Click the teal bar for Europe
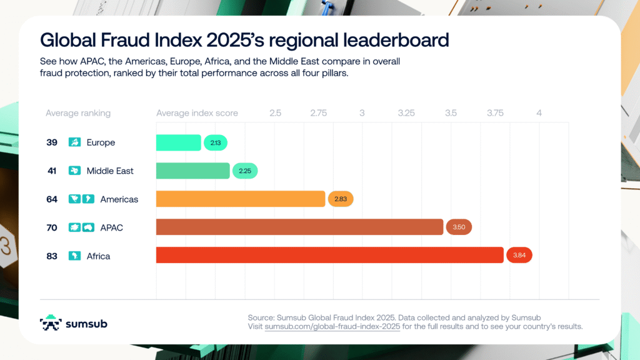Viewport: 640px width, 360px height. point(178,142)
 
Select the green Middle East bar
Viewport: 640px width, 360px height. point(192,171)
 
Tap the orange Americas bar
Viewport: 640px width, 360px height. point(241,199)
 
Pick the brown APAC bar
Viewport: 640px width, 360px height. point(299,227)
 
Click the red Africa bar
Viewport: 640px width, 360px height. point(329,255)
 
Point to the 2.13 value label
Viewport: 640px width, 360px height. point(216,143)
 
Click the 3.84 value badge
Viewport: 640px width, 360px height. point(519,255)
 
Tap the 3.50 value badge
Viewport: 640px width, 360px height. point(459,227)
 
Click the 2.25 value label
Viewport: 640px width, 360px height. point(245,171)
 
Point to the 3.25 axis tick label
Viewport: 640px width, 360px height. point(406,113)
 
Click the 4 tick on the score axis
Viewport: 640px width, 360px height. point(539,113)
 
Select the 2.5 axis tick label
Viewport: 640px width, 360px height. point(275,113)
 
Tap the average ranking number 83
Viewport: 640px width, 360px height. point(52,256)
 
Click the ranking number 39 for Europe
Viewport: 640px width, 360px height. point(52,142)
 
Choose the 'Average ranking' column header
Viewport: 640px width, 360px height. point(78,113)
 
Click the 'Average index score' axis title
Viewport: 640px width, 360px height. point(197,113)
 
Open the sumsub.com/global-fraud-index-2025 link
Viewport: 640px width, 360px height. point(319,327)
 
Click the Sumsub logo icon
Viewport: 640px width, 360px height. point(51,322)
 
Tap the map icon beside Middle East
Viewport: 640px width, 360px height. point(74,171)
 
